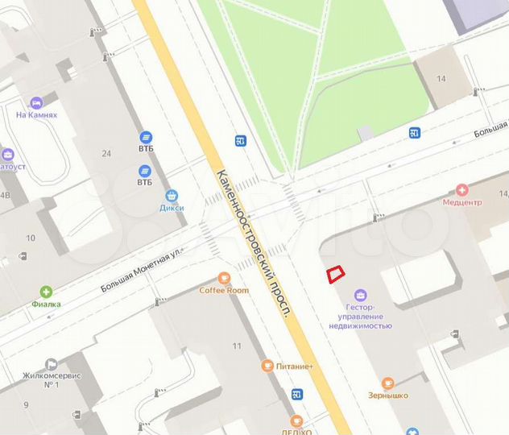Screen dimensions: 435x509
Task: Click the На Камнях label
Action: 36,115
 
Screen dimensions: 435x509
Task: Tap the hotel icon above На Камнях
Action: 36,103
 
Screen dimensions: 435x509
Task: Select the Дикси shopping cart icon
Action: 171,196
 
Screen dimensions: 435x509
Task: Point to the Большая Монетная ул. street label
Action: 142,270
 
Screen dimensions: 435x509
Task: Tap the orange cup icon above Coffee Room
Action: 224,277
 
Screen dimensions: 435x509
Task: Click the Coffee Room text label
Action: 224,290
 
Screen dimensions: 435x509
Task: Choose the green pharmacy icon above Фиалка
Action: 47,292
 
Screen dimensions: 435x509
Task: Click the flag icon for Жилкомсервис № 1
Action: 52,363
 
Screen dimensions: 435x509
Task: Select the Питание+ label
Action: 293,367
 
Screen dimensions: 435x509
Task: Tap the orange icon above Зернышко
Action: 388,383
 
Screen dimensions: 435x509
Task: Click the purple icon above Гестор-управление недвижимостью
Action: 360,295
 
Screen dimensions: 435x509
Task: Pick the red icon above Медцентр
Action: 462,190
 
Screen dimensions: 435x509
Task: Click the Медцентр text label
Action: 461,202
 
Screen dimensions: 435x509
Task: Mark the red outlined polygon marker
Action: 335,274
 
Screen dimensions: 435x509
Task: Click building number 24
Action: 106,153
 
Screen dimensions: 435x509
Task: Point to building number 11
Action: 237,346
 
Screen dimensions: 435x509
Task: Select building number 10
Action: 31,238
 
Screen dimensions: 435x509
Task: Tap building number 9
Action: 27,404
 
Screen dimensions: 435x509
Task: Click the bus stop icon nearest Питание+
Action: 297,394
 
